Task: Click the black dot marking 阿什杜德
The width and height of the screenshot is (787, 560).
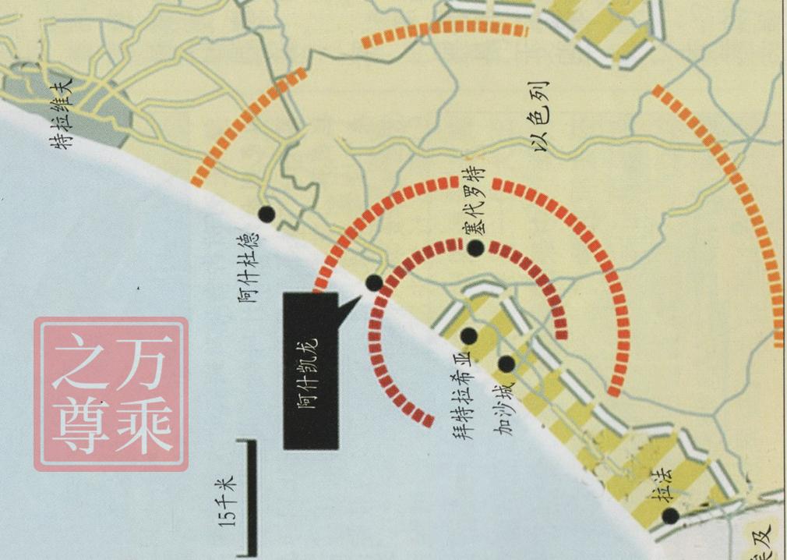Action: pyautogui.click(x=266, y=214)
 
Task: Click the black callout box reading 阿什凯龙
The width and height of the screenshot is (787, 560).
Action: pyautogui.click(x=311, y=370)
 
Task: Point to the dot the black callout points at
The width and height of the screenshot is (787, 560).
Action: pyautogui.click(x=374, y=283)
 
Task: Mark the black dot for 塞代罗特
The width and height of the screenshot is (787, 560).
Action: pyautogui.click(x=475, y=248)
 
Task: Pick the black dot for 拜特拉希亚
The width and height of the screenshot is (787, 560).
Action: pyautogui.click(x=469, y=335)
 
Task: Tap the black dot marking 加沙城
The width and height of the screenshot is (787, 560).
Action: pyautogui.click(x=506, y=363)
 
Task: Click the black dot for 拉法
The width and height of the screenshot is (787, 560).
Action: pyautogui.click(x=669, y=516)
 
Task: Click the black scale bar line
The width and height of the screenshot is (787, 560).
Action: pyautogui.click(x=252, y=499)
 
